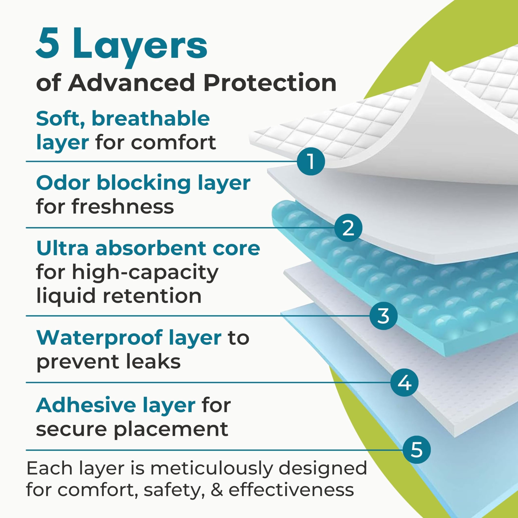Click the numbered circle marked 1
pos(311,161)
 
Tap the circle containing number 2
pos(348,228)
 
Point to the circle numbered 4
pos(404,383)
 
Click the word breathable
pos(151,119)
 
